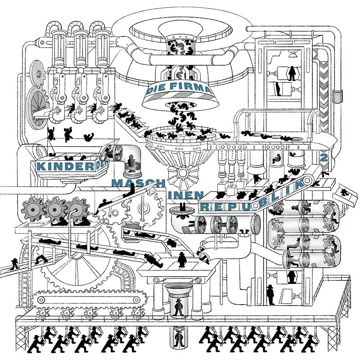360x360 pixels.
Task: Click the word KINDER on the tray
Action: coord(65,166)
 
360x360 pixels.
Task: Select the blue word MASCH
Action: coord(139,184)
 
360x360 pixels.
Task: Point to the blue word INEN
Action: coord(186,195)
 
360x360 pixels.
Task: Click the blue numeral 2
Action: coord(324,158)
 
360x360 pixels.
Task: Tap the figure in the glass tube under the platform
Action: coord(179,337)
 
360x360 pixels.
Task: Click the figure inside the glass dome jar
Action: coord(131,161)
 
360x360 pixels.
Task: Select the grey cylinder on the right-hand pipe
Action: coord(337,96)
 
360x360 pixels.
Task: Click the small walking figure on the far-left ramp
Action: coord(15,264)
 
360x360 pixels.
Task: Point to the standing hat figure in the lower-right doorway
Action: coord(270,295)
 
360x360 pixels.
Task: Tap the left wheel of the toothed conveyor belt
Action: coord(41,299)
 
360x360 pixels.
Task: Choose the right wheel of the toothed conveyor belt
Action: coord(137,300)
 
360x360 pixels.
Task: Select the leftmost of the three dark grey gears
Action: coord(33,209)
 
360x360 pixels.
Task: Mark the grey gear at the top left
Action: coord(38,74)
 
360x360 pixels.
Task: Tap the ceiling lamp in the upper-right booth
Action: coord(292,54)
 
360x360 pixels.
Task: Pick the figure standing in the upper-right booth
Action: coord(292,73)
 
